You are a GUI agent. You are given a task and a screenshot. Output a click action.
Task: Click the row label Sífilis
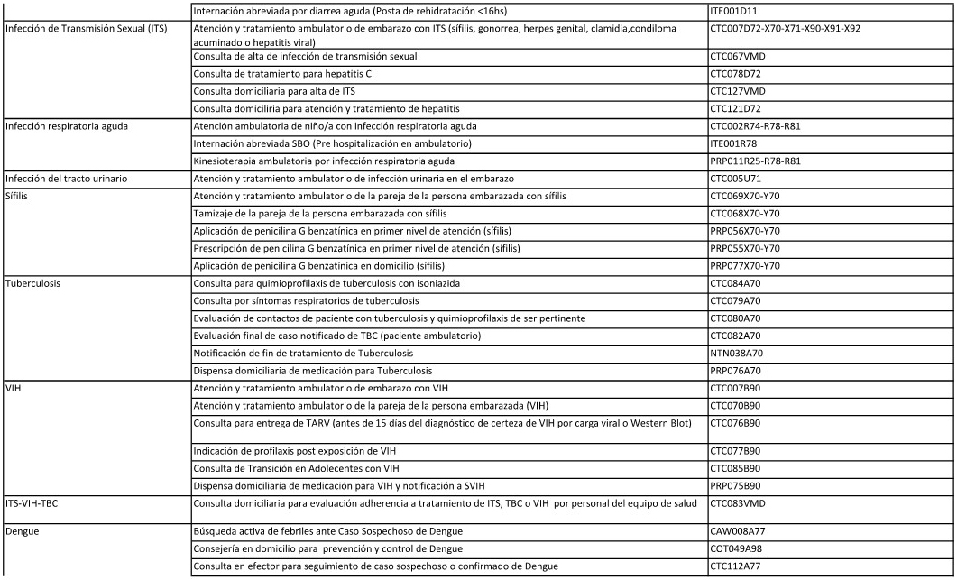point(19,196)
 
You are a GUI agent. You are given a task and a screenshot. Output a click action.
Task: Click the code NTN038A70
point(737,353)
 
